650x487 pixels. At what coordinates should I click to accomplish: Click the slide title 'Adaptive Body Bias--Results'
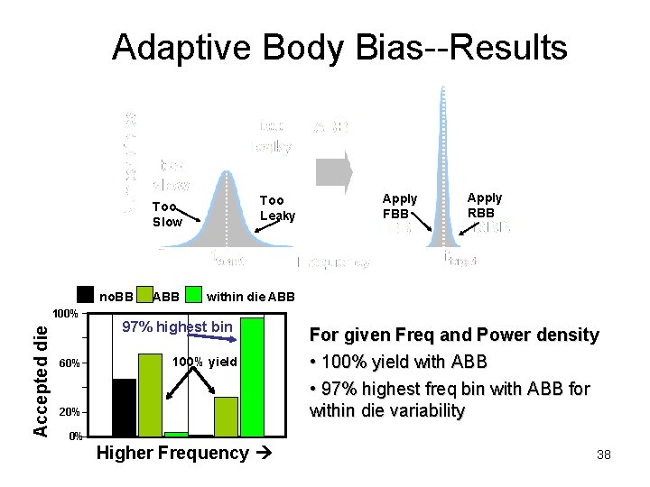(x=339, y=47)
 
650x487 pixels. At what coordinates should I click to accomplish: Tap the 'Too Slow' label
(x=167, y=214)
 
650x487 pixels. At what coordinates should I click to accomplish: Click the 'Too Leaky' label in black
(x=277, y=207)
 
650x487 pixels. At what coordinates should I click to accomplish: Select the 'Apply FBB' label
(x=399, y=206)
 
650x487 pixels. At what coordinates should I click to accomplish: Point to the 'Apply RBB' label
(x=485, y=205)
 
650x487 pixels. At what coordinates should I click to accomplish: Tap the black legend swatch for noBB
(x=86, y=294)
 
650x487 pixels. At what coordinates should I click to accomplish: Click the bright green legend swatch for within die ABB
(x=193, y=294)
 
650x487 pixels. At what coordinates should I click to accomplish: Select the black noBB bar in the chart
(x=124, y=408)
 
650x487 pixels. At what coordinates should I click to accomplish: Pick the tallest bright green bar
(x=252, y=377)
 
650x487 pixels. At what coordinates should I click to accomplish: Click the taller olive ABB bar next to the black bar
(x=150, y=395)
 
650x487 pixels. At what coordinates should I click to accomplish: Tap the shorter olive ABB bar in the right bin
(x=226, y=417)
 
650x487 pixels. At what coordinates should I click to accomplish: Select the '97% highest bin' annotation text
(x=177, y=326)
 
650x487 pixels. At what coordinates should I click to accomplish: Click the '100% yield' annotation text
(x=204, y=362)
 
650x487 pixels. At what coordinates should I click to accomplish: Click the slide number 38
(x=603, y=455)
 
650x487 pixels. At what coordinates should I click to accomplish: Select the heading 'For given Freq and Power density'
(x=454, y=335)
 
